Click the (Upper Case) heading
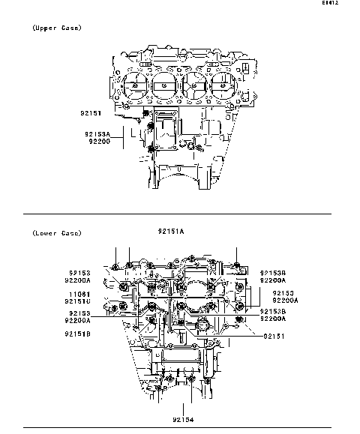tap(57, 28)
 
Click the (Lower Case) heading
tap(57, 233)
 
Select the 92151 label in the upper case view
tap(91, 114)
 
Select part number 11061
tap(79, 295)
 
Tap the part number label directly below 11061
tap(79, 302)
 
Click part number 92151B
tap(78, 334)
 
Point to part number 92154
tap(183, 420)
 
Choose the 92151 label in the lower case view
tap(275, 337)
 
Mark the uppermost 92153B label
tap(273, 273)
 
